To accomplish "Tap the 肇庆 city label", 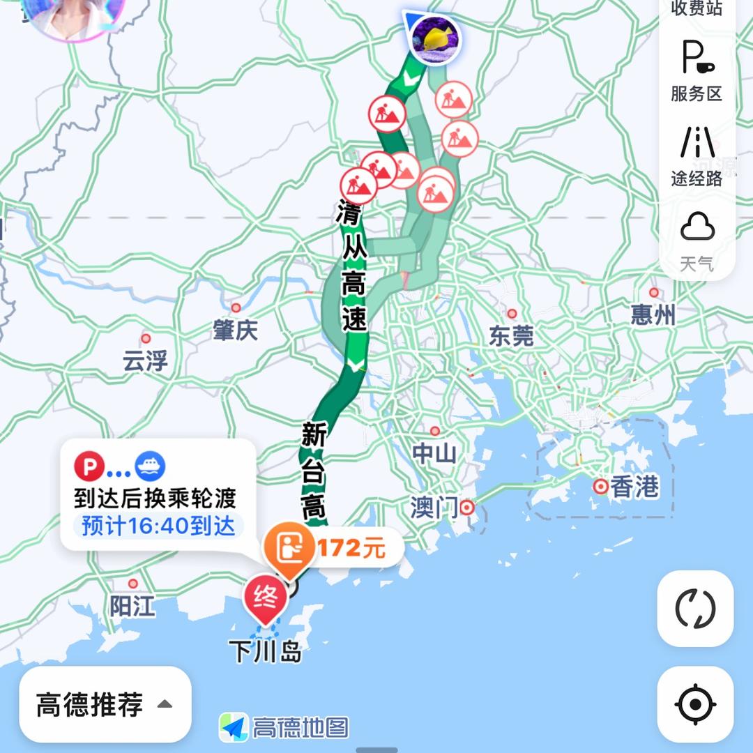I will coord(236,330).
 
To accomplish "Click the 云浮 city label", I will coord(145,361).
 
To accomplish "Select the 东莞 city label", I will coord(511,336).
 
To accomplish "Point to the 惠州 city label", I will coord(653,315).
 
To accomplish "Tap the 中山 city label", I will coord(434,453).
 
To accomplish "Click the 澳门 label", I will coord(434,507).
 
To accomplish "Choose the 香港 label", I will coord(634,487).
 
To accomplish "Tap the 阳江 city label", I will coord(132,606).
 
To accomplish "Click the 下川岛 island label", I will coord(266,652).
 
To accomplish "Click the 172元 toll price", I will coord(351,549).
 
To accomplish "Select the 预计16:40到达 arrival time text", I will coord(158,526).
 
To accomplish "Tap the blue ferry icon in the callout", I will coord(149,466).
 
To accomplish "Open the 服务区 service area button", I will coord(697,70).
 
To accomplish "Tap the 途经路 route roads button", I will coord(697,156).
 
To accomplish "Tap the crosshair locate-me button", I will coord(695,704).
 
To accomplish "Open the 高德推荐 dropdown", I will coord(105,704).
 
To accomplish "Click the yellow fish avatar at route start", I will coord(435,38).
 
